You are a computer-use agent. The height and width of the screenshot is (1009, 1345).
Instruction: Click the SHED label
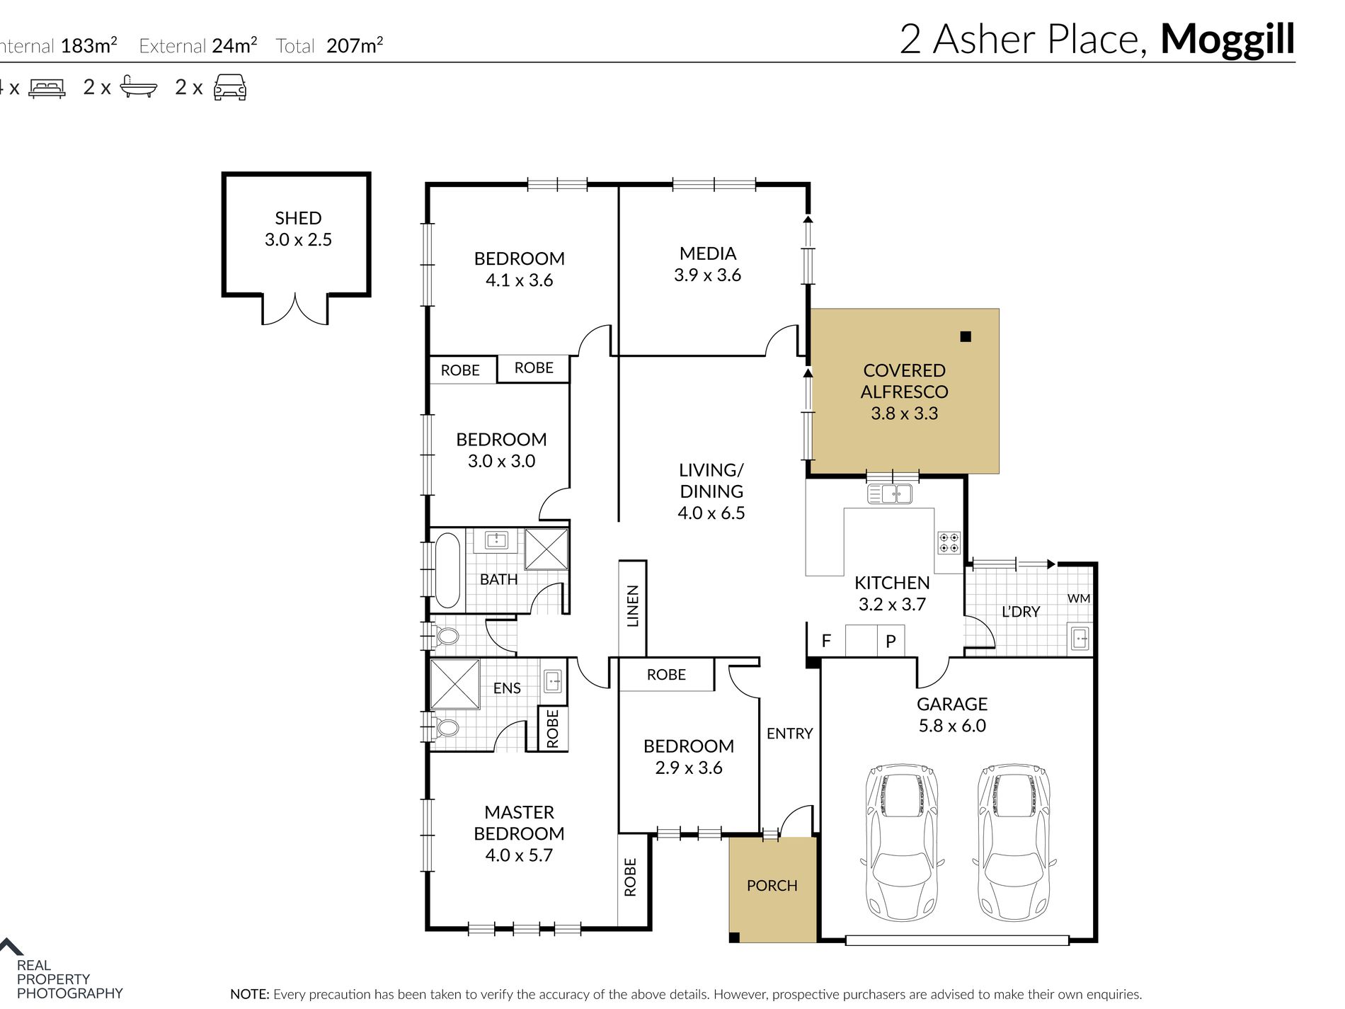click(x=298, y=218)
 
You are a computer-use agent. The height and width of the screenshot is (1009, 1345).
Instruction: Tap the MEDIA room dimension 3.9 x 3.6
click(x=707, y=275)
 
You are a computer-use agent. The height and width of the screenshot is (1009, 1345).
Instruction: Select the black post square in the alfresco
click(x=966, y=337)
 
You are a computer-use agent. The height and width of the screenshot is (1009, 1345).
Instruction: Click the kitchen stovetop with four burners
click(x=949, y=543)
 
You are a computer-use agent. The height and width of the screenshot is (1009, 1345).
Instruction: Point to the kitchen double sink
click(x=890, y=494)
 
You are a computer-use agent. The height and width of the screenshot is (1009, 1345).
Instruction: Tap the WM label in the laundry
click(x=1078, y=598)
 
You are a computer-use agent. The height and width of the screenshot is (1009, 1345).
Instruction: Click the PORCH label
click(x=772, y=886)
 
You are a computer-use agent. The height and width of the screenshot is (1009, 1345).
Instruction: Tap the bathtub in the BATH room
click(x=447, y=571)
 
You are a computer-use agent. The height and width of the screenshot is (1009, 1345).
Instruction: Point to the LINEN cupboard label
click(x=633, y=606)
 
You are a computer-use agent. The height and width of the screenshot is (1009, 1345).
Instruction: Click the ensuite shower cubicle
click(x=455, y=683)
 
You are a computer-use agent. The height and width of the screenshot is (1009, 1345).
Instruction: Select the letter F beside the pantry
click(x=825, y=642)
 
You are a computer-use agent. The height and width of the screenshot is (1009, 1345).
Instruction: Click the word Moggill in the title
click(x=1227, y=40)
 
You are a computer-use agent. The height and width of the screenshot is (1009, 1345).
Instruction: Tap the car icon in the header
click(x=229, y=87)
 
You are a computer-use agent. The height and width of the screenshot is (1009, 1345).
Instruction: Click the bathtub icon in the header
click(x=138, y=86)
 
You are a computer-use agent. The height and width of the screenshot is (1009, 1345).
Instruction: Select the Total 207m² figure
click(x=354, y=47)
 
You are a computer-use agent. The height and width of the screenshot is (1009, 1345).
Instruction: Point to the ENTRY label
click(x=789, y=734)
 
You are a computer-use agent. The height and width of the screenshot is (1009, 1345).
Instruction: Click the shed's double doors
click(x=295, y=309)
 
